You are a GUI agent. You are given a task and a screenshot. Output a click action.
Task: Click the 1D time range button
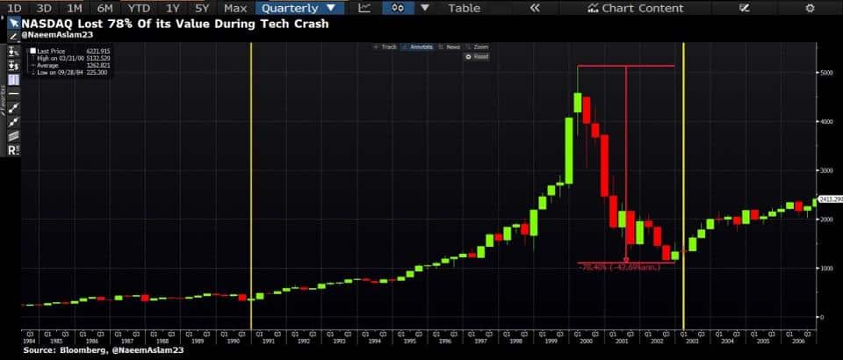(x=13, y=8)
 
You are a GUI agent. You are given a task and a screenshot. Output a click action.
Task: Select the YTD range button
(x=137, y=8)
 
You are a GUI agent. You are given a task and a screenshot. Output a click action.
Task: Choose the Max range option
(x=235, y=8)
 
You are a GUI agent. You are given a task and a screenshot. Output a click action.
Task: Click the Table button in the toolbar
(x=464, y=8)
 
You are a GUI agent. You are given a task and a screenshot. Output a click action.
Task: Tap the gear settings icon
(x=810, y=8)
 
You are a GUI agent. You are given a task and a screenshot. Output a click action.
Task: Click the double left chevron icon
(x=535, y=8)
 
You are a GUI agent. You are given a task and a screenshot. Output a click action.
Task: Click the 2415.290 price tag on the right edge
(x=830, y=199)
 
